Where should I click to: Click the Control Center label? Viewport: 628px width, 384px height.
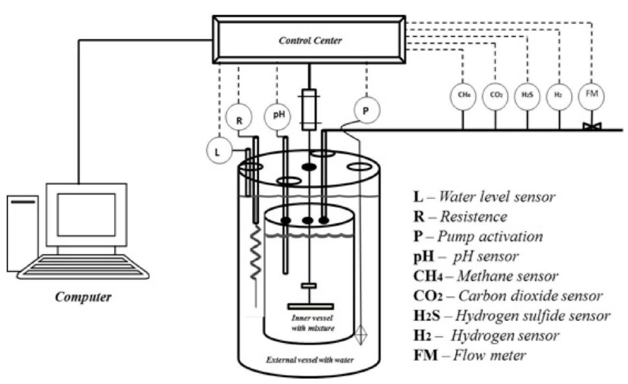click(x=310, y=40)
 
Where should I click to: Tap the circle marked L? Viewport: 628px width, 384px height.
click(x=219, y=151)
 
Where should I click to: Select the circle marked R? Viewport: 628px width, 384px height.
click(x=239, y=117)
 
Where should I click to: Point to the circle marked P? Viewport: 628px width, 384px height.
click(x=366, y=110)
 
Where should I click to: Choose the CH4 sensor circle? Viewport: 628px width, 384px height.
click(x=463, y=97)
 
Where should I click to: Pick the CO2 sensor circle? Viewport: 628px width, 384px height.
click(x=495, y=97)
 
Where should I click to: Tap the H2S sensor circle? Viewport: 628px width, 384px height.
click(x=527, y=97)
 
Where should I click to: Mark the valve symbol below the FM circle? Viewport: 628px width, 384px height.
click(x=592, y=126)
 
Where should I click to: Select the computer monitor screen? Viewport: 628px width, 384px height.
click(x=86, y=215)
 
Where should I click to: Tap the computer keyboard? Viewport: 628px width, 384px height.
click(x=83, y=267)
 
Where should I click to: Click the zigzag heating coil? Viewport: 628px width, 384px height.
click(x=255, y=253)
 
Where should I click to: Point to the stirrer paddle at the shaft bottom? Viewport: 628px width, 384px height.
click(x=310, y=306)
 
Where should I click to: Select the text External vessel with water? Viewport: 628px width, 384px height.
click(x=310, y=360)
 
